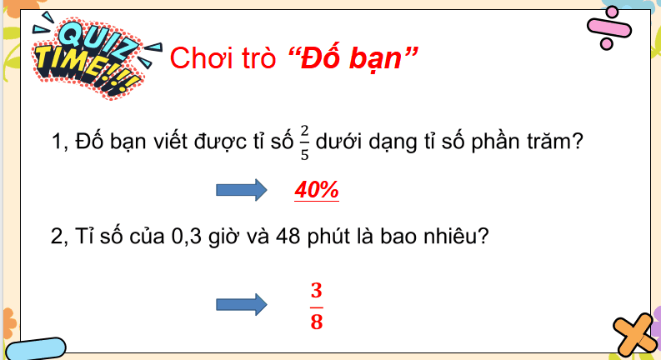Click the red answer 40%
pyautogui.click(x=317, y=190)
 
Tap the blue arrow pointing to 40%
pyautogui.click(x=240, y=190)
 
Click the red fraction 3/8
pyautogui.click(x=316, y=306)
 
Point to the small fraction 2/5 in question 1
pyautogui.click(x=304, y=142)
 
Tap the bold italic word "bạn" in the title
pyautogui.click(x=380, y=57)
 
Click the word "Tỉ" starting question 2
pyautogui.click(x=84, y=237)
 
